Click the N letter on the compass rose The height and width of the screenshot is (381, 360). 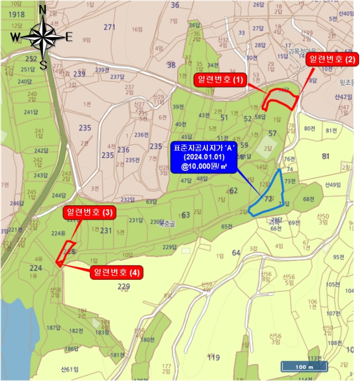pos(43,9)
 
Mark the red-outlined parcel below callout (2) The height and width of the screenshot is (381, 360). pos(282,99)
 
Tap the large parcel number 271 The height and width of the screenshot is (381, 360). pos(110,27)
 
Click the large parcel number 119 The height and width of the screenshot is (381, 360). pos(213,358)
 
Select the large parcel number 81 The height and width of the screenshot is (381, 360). pos(326,157)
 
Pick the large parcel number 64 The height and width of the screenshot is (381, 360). pos(235,252)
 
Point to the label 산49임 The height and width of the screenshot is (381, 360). pos(333,185)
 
